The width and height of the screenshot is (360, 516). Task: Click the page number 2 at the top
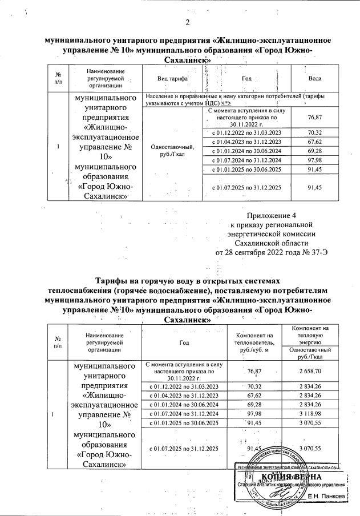pyautogui.click(x=187, y=22)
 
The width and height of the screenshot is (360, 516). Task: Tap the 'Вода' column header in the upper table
pyautogui.click(x=315, y=79)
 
